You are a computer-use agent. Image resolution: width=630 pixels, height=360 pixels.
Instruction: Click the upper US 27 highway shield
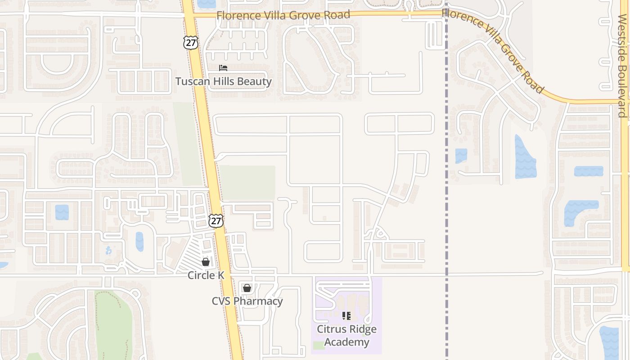click(190, 42)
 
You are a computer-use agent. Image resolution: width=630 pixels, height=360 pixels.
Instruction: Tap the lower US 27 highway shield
click(216, 221)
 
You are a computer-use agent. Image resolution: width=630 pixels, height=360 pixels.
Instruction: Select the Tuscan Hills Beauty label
click(223, 81)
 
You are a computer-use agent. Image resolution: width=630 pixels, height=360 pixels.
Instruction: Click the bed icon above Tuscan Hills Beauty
click(223, 68)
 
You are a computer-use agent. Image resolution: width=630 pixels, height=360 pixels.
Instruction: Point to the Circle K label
click(206, 275)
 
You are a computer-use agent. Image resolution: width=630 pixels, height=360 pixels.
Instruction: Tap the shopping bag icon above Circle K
click(206, 261)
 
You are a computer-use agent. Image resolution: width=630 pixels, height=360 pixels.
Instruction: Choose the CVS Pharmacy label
click(247, 301)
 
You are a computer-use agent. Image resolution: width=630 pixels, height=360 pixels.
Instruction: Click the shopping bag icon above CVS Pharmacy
click(247, 288)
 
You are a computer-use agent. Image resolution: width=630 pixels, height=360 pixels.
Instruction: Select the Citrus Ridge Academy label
click(346, 335)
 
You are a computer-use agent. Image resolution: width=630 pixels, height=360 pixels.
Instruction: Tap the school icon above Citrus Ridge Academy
click(346, 315)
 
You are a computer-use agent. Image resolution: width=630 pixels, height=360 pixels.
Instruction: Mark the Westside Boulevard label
click(622, 65)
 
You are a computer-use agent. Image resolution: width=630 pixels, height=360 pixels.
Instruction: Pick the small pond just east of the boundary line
click(461, 156)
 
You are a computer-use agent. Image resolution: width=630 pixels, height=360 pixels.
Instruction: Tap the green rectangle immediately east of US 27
click(247, 182)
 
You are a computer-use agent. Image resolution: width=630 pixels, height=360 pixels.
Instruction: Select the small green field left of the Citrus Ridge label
click(319, 346)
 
